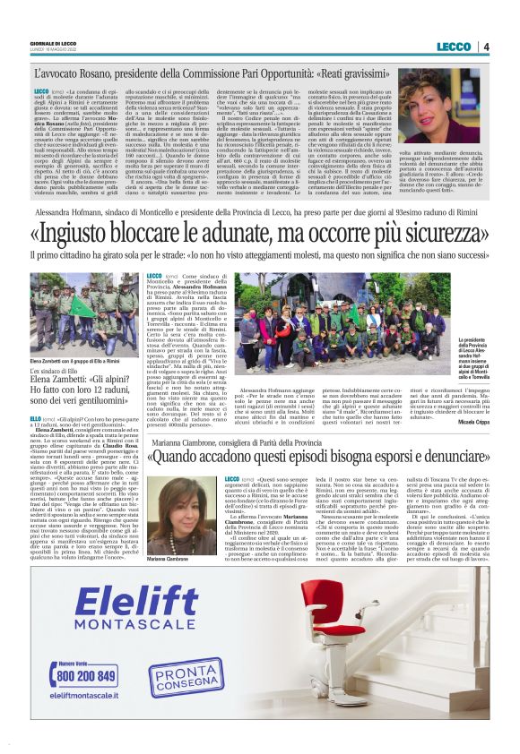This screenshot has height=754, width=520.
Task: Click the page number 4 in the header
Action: (x=486, y=46)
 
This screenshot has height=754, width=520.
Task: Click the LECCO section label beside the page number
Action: (x=455, y=46)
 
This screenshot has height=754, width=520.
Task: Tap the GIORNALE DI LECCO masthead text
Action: (x=56, y=41)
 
